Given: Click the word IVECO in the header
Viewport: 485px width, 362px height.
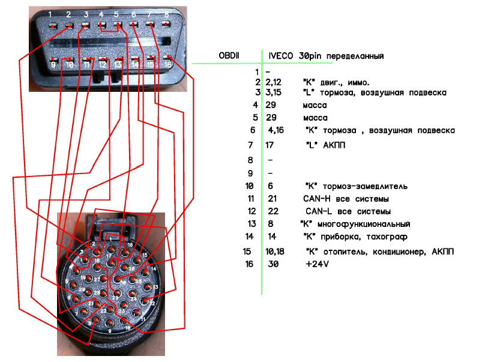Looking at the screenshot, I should coord(282,56).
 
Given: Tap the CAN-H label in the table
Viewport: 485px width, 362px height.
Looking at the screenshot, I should coord(316,199).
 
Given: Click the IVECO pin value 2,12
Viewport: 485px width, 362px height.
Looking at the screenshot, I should coord(274,82).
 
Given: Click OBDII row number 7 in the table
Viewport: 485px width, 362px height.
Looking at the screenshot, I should coord(250,145).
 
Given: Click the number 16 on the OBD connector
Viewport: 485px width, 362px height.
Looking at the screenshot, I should coord(167,64).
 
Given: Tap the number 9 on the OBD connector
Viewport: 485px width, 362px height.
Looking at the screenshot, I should coord(53,64).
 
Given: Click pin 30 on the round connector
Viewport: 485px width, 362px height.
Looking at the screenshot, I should coord(122,283).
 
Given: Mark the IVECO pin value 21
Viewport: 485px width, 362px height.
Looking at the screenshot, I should coord(273,199).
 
